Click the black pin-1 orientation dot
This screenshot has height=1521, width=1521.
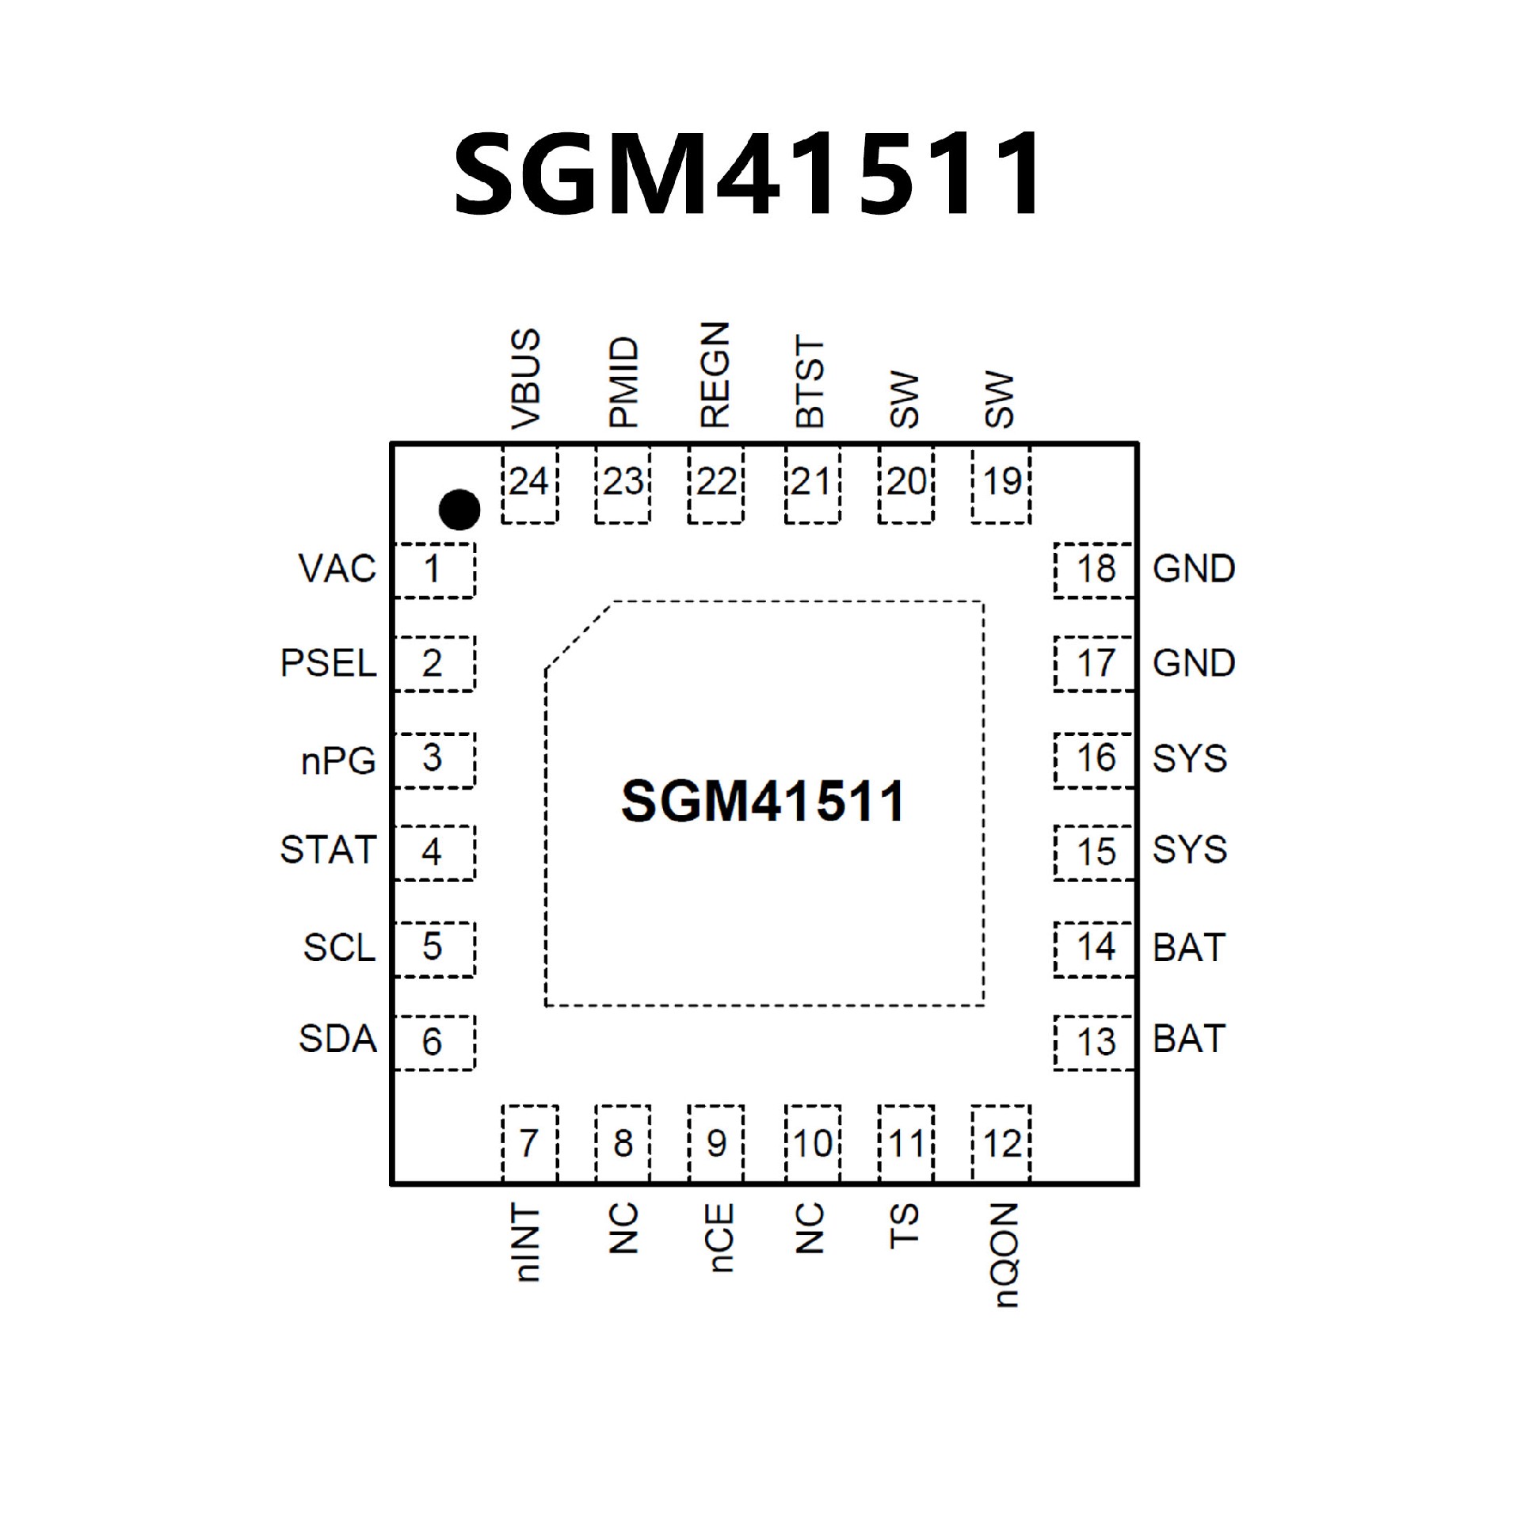[459, 509]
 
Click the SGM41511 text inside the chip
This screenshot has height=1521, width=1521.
[762, 801]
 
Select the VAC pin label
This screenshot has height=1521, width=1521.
[337, 569]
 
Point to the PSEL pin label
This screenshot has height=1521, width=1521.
[328, 663]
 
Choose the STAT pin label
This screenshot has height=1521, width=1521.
[328, 850]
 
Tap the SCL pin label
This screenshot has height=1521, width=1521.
[339, 947]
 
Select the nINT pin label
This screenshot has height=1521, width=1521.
[527, 1243]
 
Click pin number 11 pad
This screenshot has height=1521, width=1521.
[906, 1143]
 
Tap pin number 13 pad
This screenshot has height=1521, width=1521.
[1095, 1041]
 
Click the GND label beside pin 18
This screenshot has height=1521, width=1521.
[1194, 569]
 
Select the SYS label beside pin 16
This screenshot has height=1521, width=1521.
[1189, 759]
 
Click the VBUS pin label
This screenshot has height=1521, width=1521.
[526, 379]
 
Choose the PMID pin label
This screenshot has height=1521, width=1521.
[623, 383]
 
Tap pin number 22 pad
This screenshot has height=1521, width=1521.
[716, 482]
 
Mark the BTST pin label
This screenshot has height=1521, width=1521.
[810, 383]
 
